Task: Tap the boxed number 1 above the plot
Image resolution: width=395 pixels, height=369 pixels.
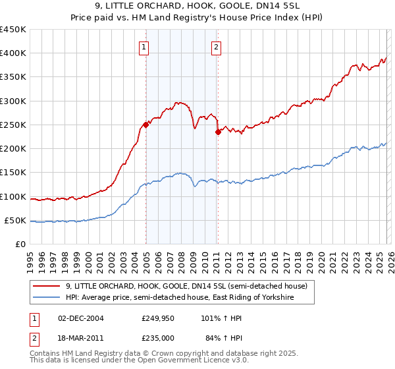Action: [x=144, y=46]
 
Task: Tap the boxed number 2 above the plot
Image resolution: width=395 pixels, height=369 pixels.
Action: [x=216, y=46]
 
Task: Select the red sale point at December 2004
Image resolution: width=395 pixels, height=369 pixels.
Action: [x=145, y=125]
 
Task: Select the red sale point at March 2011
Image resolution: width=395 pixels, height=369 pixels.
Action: [x=218, y=132]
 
